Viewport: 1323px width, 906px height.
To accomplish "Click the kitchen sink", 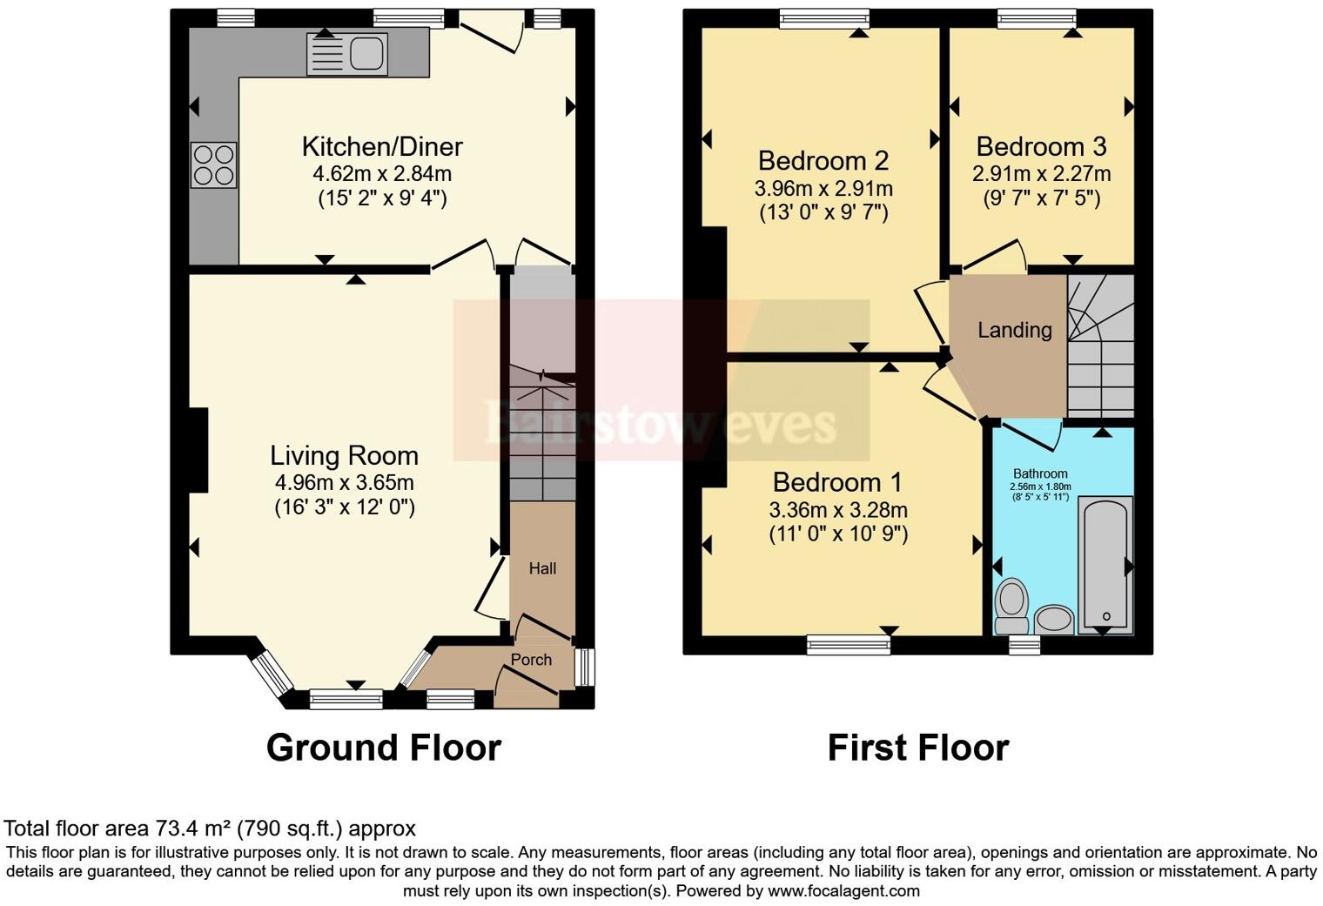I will pos(347,54).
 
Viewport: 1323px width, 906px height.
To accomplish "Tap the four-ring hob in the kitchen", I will pos(213,165).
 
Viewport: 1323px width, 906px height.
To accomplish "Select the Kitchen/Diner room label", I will pos(382,146).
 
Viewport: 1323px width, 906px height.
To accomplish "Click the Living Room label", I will pos(344,455).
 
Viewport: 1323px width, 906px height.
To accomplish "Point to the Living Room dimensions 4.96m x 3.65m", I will pos(344,482).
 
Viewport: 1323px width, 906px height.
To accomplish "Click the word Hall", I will pos(542,568).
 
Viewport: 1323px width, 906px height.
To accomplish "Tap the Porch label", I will pos(531,660).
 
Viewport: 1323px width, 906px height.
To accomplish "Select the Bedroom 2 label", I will pos(823,160).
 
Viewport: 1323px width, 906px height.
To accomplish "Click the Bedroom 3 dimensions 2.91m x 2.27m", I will pos(1041,173).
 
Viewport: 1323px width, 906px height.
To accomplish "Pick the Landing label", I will pos(1014,330).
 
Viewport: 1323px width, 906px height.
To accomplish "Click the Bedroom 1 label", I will pos(837,482).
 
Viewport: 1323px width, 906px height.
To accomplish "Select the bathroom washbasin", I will pos(1055,619).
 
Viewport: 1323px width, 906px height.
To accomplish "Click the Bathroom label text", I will pos(1040,473).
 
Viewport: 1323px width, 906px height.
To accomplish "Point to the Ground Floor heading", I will pos(383,748).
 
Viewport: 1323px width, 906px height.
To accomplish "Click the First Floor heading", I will pos(917,748).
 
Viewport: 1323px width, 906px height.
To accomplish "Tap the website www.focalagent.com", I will pos(843,890).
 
